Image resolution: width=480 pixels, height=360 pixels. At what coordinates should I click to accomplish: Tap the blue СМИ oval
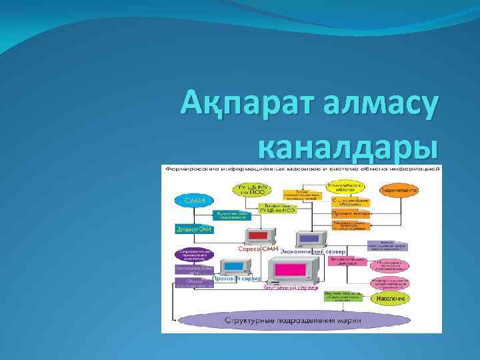tap(194, 199)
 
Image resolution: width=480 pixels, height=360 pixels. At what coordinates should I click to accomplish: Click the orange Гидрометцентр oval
tap(399, 191)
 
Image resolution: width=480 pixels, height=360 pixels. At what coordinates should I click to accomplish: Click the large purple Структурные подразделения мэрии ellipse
tap(294, 320)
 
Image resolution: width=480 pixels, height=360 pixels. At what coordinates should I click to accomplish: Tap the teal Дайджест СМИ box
tap(194, 229)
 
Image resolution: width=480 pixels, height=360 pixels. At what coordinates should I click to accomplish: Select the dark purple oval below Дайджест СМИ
tap(194, 254)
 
